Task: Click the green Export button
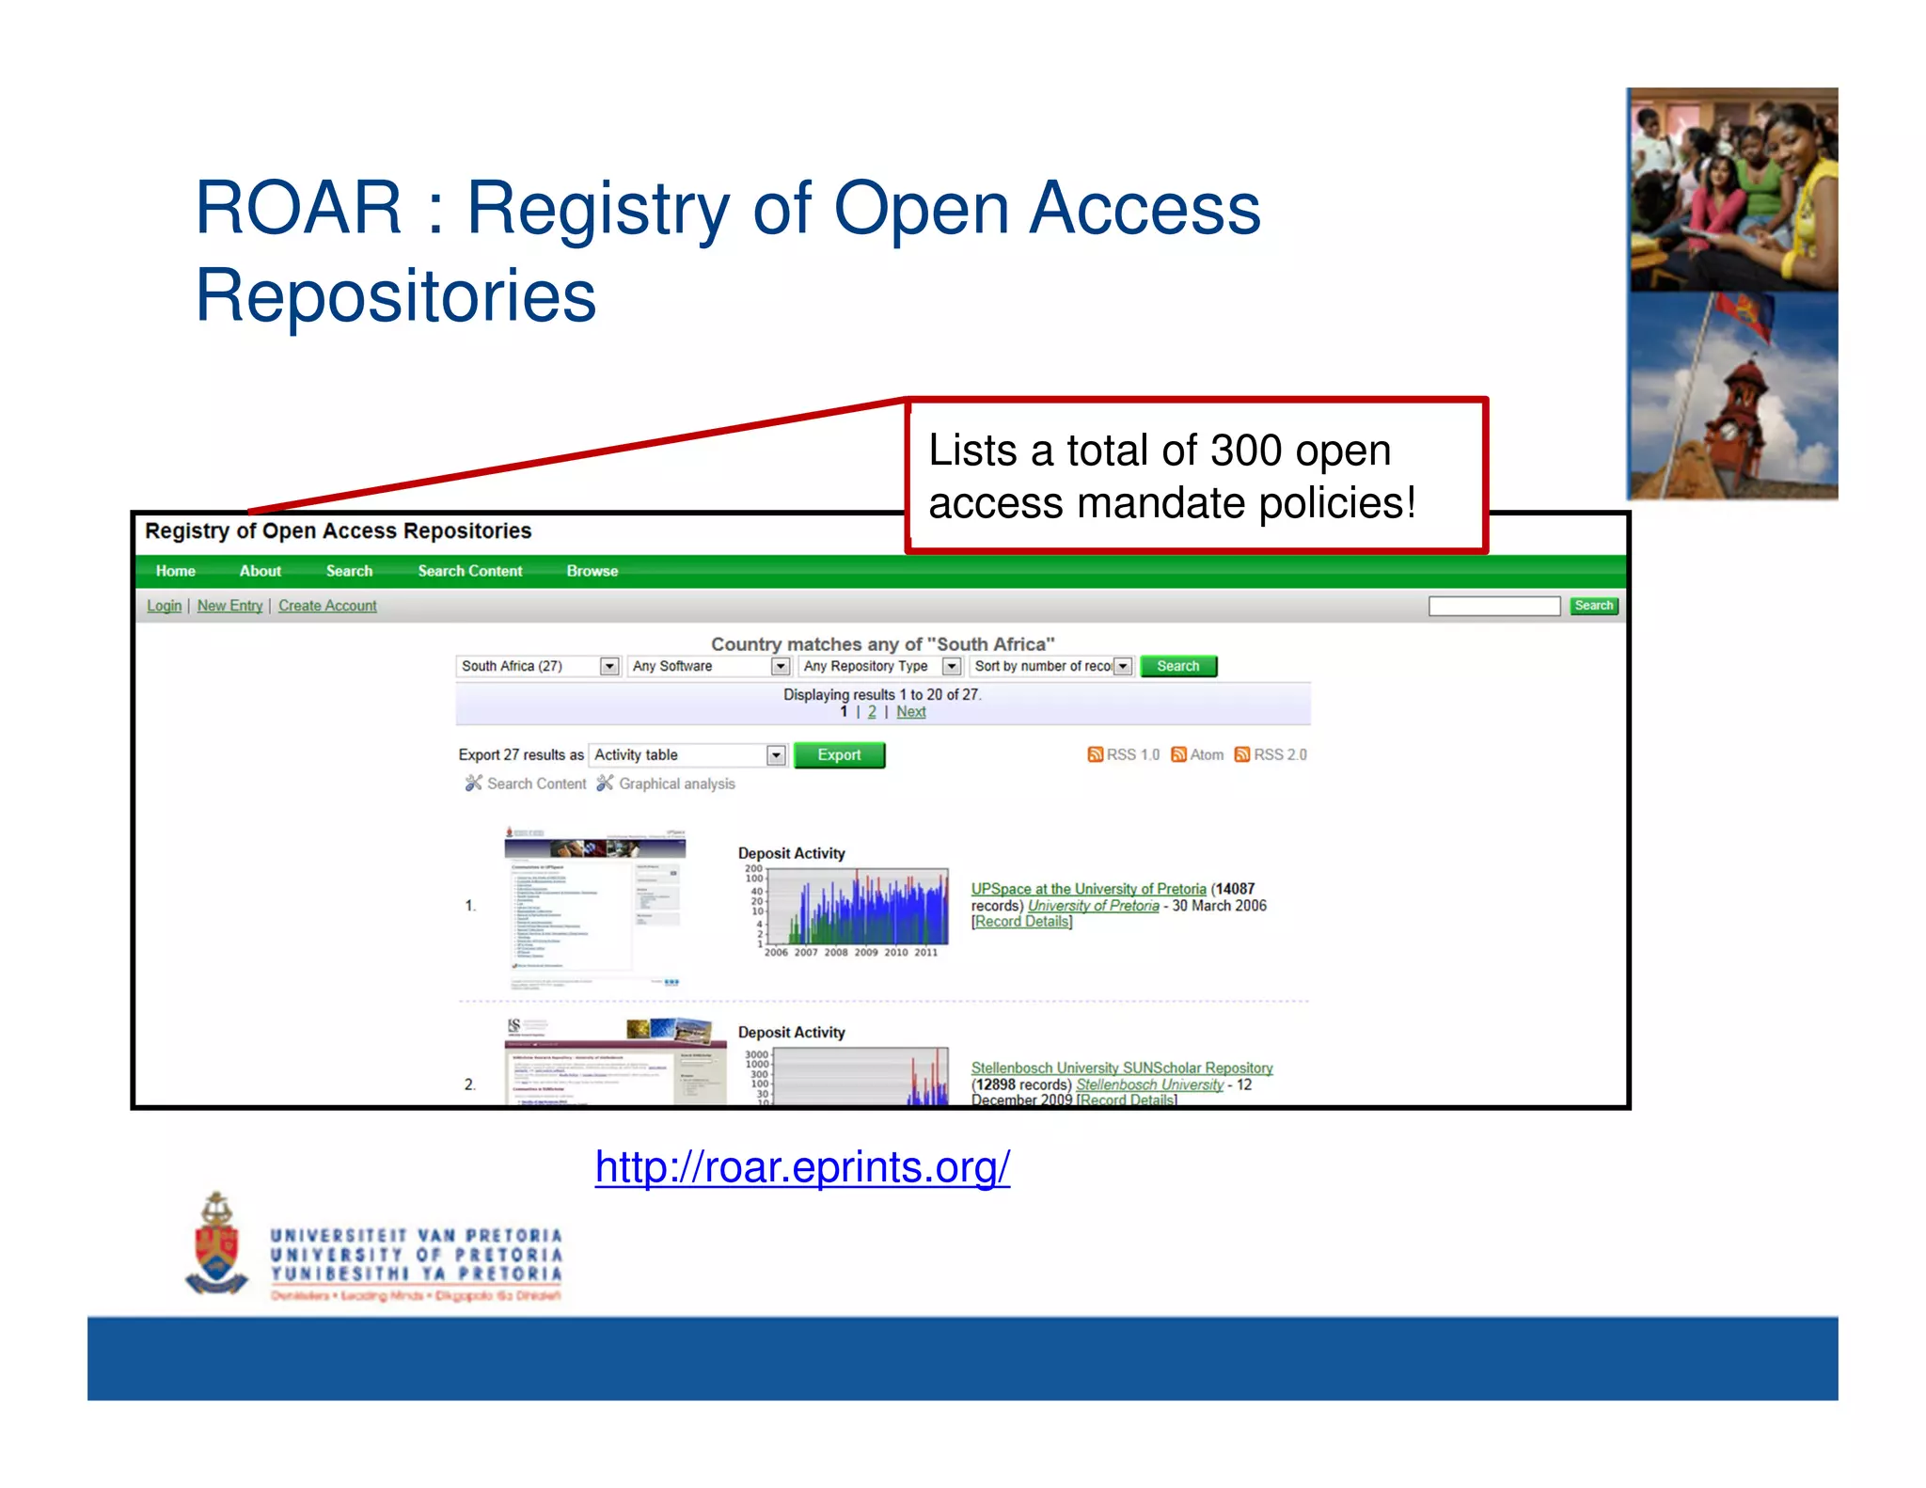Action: (x=839, y=754)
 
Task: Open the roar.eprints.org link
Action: (x=802, y=1167)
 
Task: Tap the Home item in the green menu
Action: (x=176, y=571)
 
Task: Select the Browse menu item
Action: (x=592, y=571)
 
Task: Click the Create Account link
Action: (x=327, y=606)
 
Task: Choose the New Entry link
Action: (x=229, y=606)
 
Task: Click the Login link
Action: (x=164, y=606)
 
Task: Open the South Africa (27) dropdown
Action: (x=538, y=666)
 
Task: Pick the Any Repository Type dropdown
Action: (x=880, y=666)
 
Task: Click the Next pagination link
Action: (x=910, y=712)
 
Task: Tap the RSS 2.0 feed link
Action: (x=1271, y=754)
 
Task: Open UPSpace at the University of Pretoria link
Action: (x=1088, y=889)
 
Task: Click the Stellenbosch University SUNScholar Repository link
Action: (x=1121, y=1068)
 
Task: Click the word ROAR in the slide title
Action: (x=298, y=208)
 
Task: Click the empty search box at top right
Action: (x=1493, y=606)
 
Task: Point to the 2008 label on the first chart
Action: (x=836, y=952)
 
